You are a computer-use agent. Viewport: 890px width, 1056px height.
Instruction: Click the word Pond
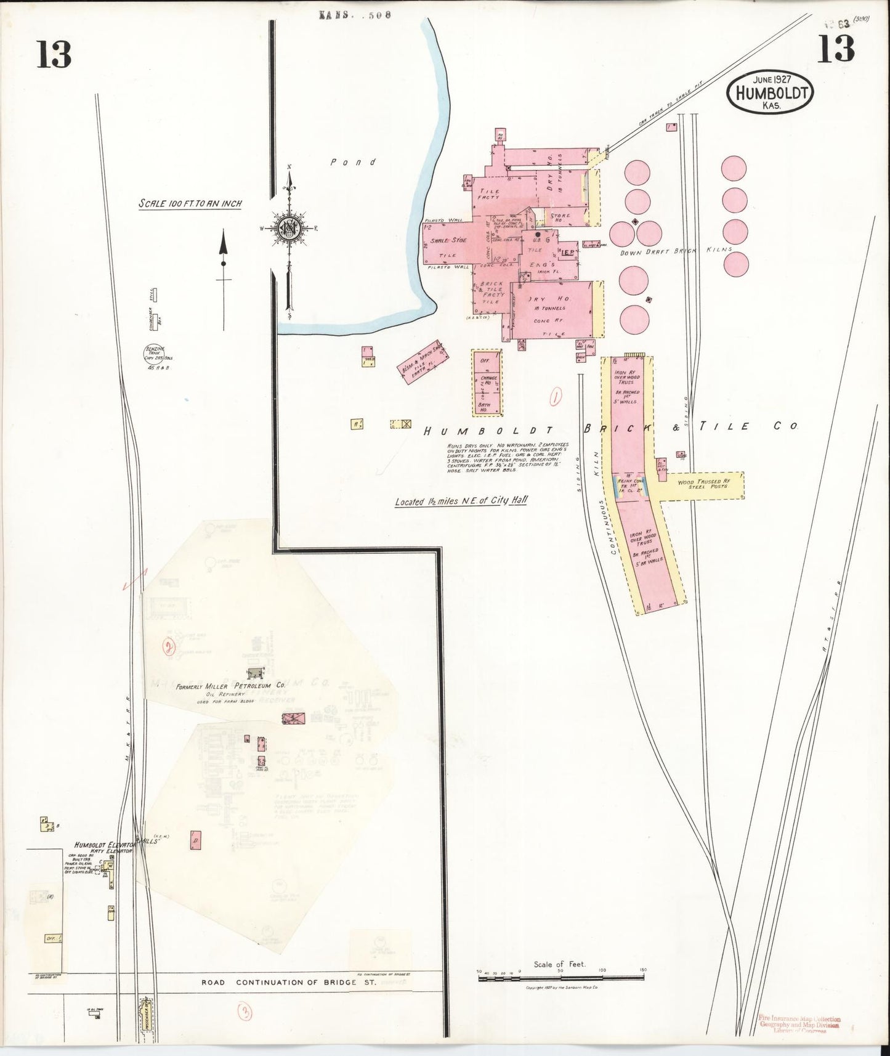[x=353, y=162]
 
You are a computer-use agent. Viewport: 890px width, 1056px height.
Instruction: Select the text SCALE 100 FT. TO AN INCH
[x=190, y=204]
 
